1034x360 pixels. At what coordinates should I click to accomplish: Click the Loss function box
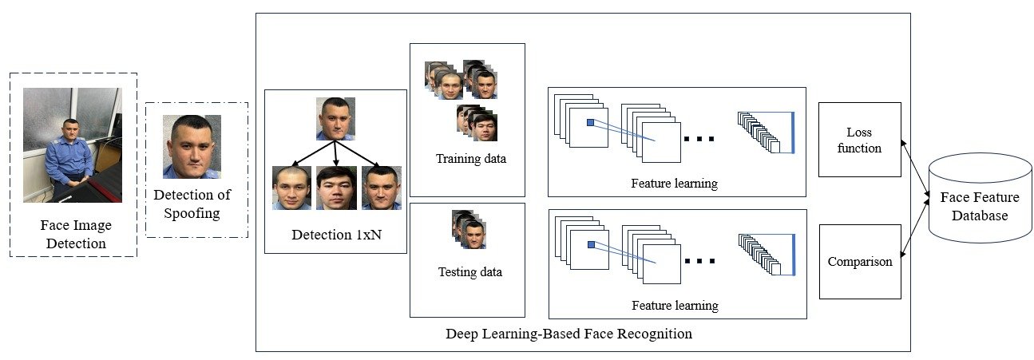(860, 140)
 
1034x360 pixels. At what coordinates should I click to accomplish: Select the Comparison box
(860, 262)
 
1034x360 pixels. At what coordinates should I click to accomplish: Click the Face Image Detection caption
(74, 234)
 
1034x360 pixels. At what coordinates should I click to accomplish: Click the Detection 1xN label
(335, 235)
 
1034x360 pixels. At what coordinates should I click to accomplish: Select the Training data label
(470, 158)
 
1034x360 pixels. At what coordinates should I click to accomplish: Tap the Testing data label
(470, 271)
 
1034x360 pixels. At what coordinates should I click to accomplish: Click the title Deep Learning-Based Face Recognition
(569, 333)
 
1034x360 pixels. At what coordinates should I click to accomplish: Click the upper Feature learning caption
(675, 184)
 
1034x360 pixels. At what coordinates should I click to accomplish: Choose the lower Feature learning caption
(675, 306)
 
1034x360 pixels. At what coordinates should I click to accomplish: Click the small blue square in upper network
(590, 122)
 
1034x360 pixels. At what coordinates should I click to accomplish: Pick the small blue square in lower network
(590, 244)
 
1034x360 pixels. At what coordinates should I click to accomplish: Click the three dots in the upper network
(699, 138)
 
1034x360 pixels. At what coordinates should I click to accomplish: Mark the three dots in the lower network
(699, 260)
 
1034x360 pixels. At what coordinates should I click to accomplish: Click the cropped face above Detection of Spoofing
(192, 146)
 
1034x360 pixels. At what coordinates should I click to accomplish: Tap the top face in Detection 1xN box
(335, 118)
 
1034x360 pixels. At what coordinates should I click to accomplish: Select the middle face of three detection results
(336, 188)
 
